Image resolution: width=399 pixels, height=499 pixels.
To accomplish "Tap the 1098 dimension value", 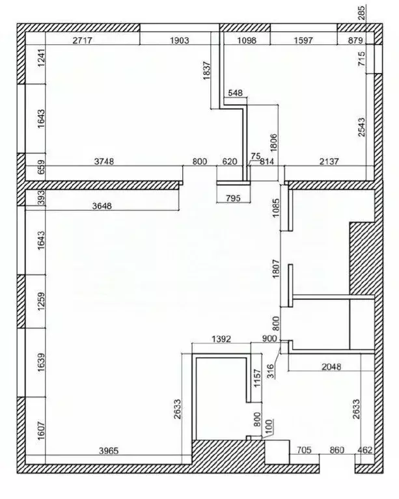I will click(x=247, y=40).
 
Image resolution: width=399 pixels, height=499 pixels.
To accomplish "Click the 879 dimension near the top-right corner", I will click(x=355, y=40).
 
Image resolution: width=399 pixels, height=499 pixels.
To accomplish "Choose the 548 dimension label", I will click(x=234, y=93).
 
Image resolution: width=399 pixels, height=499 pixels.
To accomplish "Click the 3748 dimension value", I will click(x=103, y=163).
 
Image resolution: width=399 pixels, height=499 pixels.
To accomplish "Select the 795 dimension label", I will click(x=232, y=198).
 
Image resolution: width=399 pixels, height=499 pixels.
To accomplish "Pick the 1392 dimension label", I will click(x=223, y=340).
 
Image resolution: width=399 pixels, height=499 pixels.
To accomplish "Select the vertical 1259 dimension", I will click(x=40, y=303).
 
